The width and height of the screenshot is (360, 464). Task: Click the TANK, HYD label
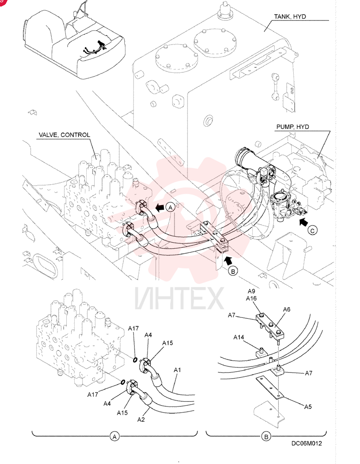tap(290, 17)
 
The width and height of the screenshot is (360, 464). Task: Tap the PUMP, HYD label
tap(293, 127)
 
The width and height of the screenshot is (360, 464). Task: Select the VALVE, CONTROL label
tap(64, 135)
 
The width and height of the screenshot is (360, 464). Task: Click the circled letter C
tap(312, 230)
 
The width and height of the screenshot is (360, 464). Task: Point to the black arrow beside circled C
tap(304, 222)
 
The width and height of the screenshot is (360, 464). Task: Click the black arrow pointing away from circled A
tap(160, 208)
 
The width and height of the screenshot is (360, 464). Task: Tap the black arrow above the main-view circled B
tap(227, 261)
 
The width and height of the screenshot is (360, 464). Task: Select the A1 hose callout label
tap(177, 370)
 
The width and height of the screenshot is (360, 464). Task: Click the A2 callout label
tap(141, 419)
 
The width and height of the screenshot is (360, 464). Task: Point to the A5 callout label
tap(308, 407)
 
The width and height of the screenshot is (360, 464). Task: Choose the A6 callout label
tap(287, 309)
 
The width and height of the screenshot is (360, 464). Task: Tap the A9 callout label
tap(251, 291)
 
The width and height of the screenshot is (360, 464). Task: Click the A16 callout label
tap(251, 298)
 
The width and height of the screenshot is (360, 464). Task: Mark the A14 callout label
tap(239, 337)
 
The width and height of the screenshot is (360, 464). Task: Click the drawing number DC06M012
tap(307, 443)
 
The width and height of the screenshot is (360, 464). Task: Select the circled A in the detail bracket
tap(115, 437)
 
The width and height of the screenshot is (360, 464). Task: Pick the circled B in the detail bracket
tap(266, 437)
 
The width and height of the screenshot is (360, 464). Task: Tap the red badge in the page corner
tap(2, 2)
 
